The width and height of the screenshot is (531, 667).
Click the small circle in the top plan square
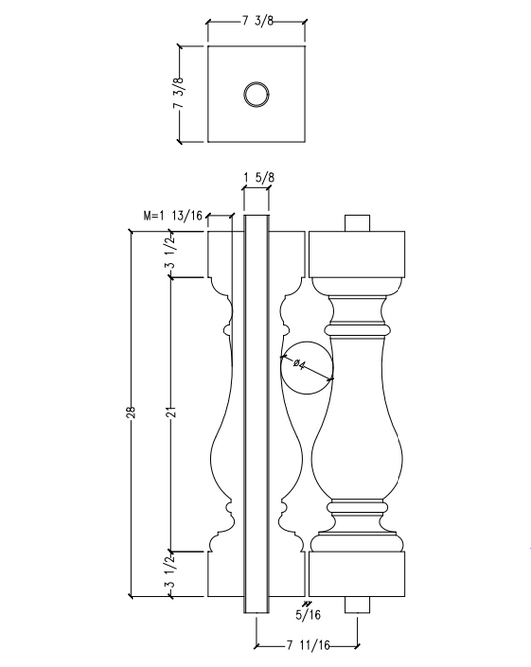(256, 95)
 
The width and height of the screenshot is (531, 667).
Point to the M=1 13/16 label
(175, 214)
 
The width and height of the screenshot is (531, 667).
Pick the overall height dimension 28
(132, 412)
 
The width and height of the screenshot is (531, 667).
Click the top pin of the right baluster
(358, 222)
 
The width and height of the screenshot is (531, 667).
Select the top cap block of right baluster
(358, 254)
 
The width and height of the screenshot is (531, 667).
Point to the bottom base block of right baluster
(358, 574)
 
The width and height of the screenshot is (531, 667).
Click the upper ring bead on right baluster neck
(358, 326)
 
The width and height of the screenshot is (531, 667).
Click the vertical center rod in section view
(256, 412)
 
